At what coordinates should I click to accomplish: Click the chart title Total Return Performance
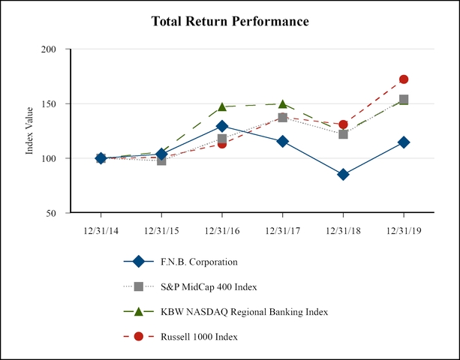pos(230,21)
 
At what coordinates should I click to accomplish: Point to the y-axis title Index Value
pos(30,131)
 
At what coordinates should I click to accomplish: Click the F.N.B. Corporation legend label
pos(199,262)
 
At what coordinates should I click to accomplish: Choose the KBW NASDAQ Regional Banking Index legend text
pos(244,311)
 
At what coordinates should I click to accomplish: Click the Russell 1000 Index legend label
pos(199,337)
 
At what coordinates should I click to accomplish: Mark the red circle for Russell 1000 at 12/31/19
pos(404,79)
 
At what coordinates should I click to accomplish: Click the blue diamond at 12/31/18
pos(343,174)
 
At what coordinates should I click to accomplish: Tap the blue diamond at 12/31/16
pos(222,126)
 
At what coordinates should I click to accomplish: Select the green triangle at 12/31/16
pos(222,107)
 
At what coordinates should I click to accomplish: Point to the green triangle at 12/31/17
pos(282,104)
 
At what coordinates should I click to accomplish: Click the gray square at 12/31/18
pos(343,134)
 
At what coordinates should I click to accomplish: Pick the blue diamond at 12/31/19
pos(404,142)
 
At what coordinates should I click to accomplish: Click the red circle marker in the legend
pos(138,337)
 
